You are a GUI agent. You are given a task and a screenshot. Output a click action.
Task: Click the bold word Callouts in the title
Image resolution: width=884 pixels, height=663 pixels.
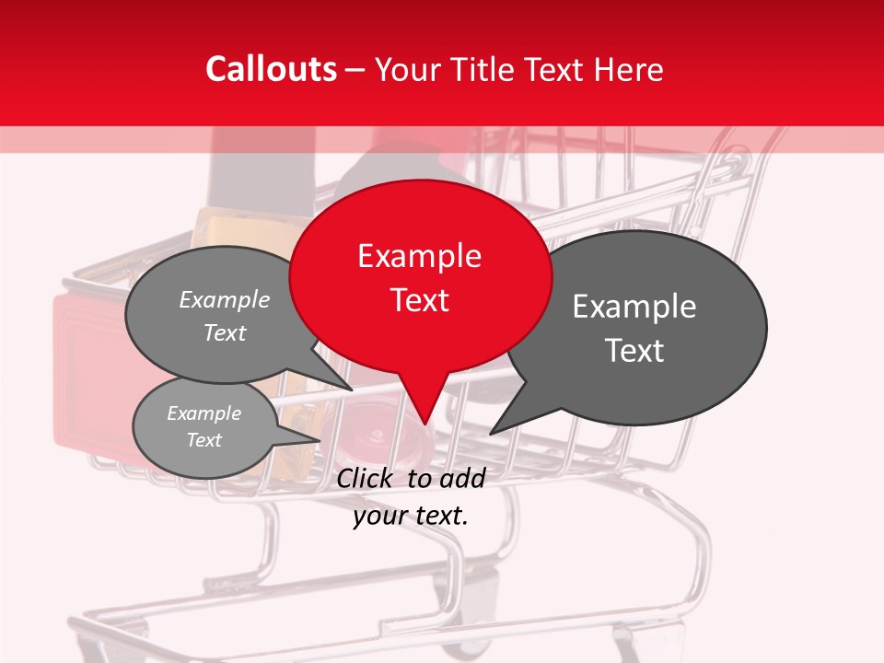click(271, 69)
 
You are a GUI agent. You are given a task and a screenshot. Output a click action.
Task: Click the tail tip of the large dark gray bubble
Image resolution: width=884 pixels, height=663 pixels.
click(494, 431)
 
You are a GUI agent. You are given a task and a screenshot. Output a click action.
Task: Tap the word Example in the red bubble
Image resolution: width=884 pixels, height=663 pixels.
click(419, 256)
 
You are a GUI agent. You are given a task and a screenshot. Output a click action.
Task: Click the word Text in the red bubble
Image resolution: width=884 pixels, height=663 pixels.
click(419, 300)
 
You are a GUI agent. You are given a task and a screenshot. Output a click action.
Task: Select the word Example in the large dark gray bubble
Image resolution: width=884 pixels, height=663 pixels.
click(634, 307)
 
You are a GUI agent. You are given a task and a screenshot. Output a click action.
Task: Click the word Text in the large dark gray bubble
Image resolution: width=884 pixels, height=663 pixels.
click(634, 351)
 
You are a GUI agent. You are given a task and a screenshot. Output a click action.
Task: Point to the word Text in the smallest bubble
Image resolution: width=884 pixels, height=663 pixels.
click(204, 440)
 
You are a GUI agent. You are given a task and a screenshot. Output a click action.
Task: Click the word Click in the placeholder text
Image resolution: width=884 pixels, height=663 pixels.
click(366, 478)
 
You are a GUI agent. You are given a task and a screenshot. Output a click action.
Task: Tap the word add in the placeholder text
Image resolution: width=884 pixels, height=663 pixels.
click(462, 478)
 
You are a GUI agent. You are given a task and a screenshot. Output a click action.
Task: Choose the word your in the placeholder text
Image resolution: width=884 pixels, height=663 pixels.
click(379, 516)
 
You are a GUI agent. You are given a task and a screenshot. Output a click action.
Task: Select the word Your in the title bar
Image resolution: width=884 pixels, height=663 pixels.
click(410, 69)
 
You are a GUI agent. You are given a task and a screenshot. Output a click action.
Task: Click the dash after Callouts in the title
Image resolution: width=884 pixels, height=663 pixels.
click(355, 69)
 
